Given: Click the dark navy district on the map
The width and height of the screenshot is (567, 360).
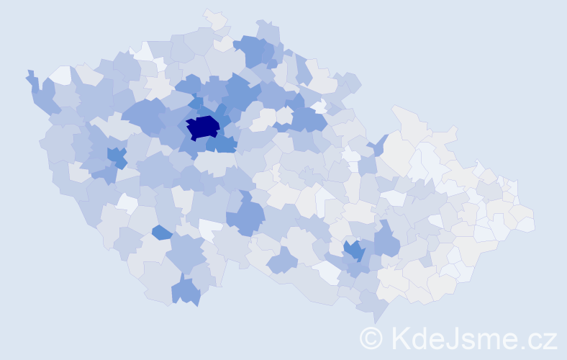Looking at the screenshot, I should [203, 127].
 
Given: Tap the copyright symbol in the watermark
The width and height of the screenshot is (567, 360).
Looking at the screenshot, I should [371, 338].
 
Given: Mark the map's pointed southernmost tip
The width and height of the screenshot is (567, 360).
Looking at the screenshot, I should [376, 321].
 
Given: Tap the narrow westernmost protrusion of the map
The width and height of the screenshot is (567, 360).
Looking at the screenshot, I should [30, 76].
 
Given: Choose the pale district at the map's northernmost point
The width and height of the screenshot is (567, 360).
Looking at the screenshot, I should [214, 17].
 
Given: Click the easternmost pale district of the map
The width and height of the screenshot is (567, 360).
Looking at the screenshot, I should [527, 224].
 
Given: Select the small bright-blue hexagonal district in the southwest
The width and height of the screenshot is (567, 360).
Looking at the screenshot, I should [162, 232].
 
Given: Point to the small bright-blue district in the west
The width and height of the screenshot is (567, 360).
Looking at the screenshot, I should [115, 156].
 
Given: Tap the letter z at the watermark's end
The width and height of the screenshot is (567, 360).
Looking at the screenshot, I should [551, 340].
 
